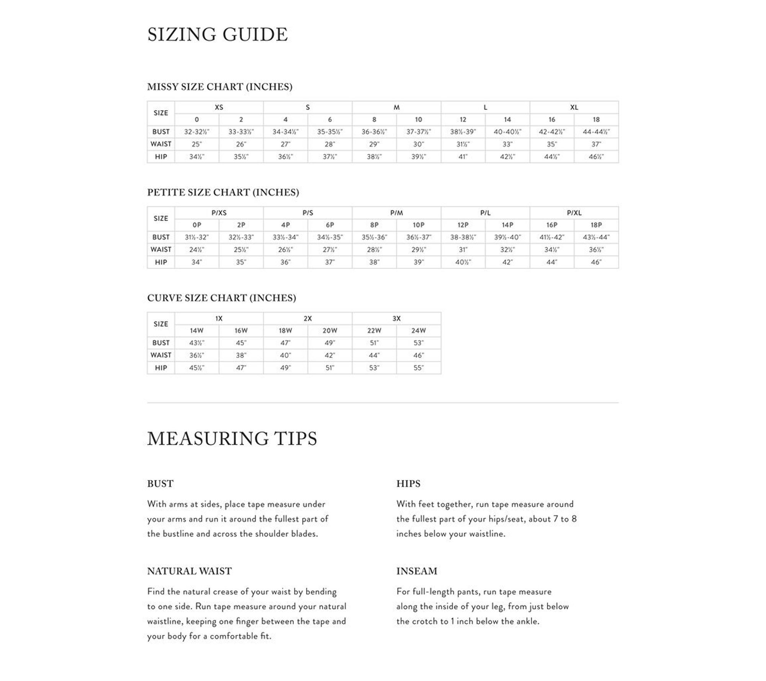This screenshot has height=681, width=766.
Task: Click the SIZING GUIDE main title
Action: point(217,34)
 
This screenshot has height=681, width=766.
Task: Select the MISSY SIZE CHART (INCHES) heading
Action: point(219,87)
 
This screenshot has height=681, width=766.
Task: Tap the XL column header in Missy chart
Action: point(574,108)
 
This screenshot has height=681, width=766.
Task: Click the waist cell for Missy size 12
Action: point(463,144)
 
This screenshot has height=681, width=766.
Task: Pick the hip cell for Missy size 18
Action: point(596,157)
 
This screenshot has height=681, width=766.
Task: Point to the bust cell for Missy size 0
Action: point(196,132)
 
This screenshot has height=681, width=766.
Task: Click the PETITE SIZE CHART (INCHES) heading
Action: point(223,192)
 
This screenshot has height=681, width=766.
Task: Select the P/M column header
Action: point(396,213)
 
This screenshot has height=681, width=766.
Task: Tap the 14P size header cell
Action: point(507,225)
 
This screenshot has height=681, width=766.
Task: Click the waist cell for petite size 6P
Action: point(330,250)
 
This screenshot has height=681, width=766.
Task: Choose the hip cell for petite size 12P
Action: point(463,262)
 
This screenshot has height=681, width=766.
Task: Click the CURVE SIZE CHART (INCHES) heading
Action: point(221,298)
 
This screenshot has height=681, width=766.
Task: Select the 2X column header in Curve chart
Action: point(308,319)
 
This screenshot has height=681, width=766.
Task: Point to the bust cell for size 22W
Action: point(374,343)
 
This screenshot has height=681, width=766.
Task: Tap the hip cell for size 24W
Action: point(418,368)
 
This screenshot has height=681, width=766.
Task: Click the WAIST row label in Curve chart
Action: point(161,355)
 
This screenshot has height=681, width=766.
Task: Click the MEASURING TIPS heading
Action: point(232,439)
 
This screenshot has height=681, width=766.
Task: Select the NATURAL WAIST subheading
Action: point(189,571)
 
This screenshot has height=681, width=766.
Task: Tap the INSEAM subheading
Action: point(417,571)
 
